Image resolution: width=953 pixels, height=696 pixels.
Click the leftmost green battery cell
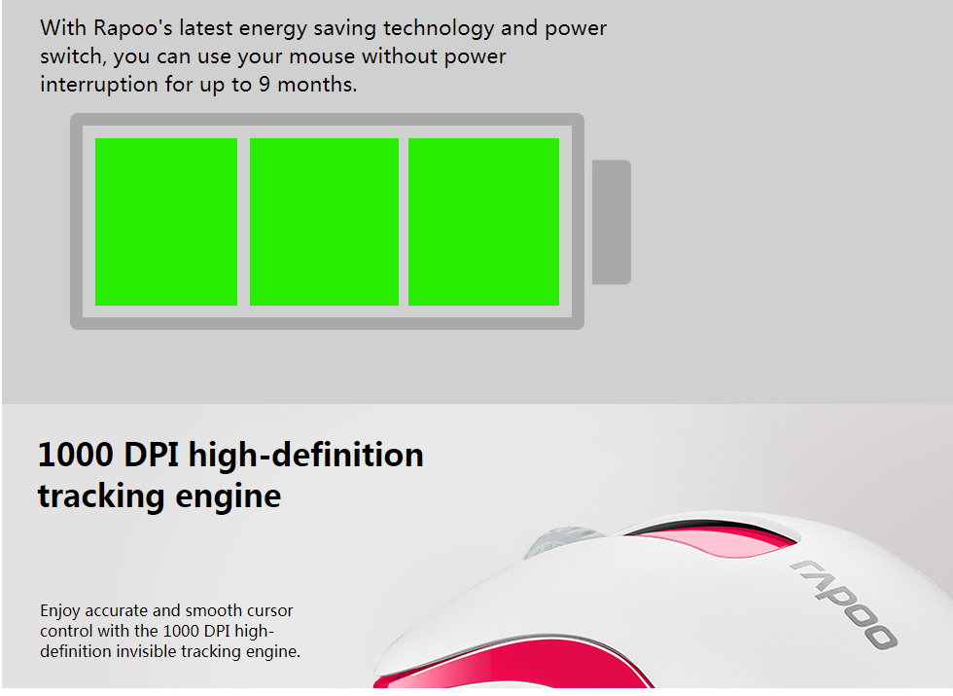(x=166, y=222)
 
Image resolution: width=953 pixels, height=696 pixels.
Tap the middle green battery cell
(x=324, y=222)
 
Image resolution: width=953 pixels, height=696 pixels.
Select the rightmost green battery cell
(x=483, y=222)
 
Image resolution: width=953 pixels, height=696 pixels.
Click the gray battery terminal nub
(x=612, y=222)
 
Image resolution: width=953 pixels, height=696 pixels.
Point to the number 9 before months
(x=264, y=84)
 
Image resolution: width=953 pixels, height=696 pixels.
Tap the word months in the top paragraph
(x=317, y=84)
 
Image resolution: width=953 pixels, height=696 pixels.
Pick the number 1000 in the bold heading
(x=76, y=456)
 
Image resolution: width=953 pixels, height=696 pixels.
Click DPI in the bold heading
(x=152, y=456)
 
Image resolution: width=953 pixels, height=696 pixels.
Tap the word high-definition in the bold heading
(x=305, y=457)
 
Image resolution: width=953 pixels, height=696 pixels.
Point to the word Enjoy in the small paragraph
(x=60, y=611)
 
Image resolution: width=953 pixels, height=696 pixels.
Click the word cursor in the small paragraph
(x=269, y=611)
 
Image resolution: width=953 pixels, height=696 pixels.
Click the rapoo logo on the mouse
(x=844, y=604)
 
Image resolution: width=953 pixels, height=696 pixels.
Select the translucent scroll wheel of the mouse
(x=562, y=540)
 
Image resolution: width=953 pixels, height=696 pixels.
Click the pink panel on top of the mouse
(x=719, y=541)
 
